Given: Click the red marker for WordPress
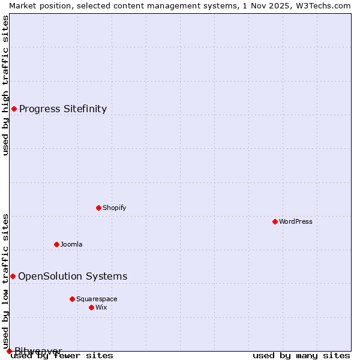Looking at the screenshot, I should coord(275,221).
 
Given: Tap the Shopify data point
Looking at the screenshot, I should coord(98,208).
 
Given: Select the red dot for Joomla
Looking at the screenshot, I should coord(56,244).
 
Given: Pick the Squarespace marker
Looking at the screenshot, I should coord(72,299).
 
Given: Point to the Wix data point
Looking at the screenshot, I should coord(91,307).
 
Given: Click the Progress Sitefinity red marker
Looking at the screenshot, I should coord(14,109).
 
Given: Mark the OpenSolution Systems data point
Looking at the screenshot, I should coord(13,276).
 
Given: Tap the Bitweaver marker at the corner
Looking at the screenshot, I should coord(9,351).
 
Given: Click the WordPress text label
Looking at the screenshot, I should coord(296,221).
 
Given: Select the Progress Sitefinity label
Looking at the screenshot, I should coord(63,109).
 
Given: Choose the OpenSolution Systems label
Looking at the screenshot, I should coord(73,276).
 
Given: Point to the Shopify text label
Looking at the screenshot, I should coord(114,208).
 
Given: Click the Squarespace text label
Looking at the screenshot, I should coord(97,299).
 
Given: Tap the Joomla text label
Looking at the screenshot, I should coord(71,244).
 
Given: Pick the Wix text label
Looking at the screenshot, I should coord(101,307).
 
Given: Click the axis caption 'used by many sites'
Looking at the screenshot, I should coord(301,356).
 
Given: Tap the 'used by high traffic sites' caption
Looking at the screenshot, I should coord(6,86).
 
